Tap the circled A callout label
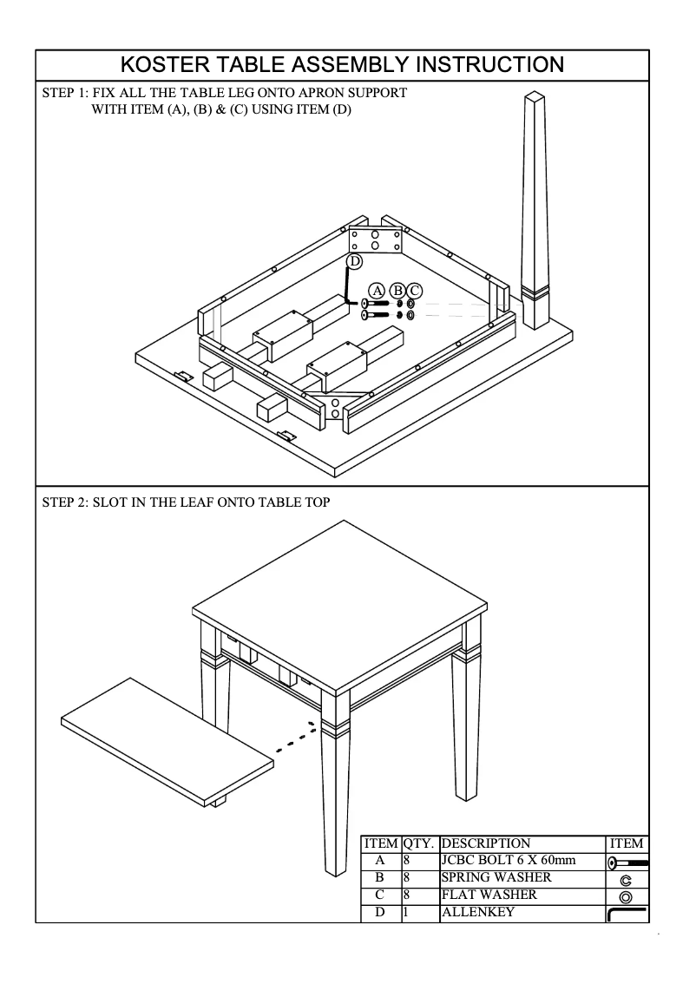click(377, 290)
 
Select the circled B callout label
click(398, 290)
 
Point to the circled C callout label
click(414, 290)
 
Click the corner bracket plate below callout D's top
click(375, 239)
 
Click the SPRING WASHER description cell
click(496, 878)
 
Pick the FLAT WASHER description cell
click(489, 895)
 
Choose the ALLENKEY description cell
click(478, 912)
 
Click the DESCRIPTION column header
click(486, 843)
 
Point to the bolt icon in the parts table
click(627, 863)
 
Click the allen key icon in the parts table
click(627, 914)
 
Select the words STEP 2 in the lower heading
click(67, 502)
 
